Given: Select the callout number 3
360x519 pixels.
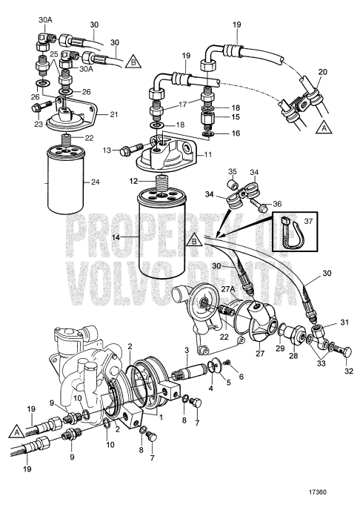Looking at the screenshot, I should tap(188, 350).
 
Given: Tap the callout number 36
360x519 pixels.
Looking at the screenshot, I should tap(279, 205).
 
